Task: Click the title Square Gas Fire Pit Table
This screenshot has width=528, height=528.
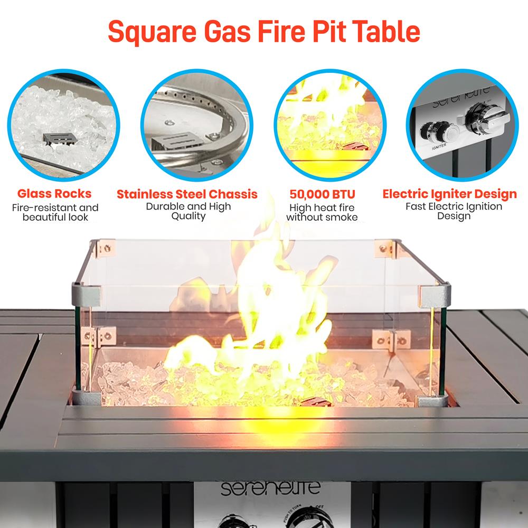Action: (x=264, y=32)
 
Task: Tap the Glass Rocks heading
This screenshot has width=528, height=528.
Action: (x=55, y=193)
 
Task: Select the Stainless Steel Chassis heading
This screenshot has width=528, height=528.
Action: (x=187, y=193)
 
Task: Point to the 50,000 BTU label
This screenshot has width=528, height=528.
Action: (x=322, y=193)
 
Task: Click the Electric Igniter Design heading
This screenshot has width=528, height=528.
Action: (x=449, y=194)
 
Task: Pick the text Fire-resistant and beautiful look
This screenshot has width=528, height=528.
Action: (x=55, y=212)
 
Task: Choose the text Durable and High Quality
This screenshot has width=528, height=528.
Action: (x=188, y=211)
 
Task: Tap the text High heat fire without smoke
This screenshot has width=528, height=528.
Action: (x=322, y=212)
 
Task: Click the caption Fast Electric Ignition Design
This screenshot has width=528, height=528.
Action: (x=454, y=211)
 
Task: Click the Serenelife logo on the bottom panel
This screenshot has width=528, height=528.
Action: (x=270, y=488)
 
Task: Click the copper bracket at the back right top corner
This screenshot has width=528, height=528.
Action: (x=384, y=247)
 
